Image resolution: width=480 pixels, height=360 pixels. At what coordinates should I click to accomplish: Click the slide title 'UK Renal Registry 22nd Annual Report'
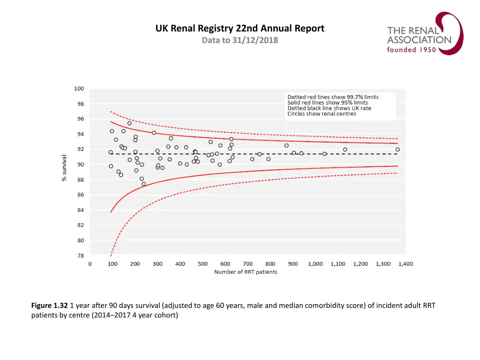240,29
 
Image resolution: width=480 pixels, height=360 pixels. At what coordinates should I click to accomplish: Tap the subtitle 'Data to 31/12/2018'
240,40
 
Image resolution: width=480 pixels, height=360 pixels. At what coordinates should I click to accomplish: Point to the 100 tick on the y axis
79,89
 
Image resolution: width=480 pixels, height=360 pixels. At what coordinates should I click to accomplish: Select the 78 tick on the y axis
80,255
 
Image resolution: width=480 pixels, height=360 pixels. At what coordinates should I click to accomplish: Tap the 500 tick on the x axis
202,264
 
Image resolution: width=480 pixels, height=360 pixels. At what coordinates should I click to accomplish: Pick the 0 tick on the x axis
90,264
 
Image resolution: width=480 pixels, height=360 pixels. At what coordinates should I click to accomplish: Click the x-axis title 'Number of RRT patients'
246,272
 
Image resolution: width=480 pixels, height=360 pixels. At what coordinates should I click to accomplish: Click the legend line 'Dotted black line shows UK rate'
329,108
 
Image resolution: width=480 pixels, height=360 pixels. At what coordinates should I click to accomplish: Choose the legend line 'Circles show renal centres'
322,114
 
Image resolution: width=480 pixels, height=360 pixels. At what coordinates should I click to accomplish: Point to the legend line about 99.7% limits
333,97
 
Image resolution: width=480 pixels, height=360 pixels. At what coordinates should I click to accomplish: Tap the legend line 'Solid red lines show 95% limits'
328,103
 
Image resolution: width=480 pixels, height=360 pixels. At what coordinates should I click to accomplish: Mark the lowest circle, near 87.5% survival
143,184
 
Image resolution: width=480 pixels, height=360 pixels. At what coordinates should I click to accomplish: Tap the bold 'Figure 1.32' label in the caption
50,306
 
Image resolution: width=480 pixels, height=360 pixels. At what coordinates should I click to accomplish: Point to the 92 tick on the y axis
80,149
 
